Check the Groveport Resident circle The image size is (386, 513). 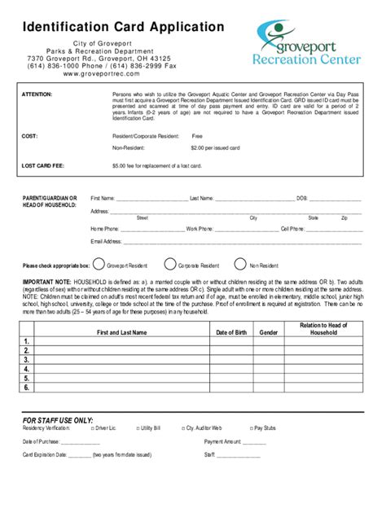[99, 264]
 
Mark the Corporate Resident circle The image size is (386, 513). [170, 264]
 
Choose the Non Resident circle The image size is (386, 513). [240, 264]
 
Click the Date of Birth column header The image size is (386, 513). [232, 332]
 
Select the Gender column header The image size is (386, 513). [269, 332]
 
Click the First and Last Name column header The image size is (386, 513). [122, 332]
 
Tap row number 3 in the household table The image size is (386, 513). [27, 359]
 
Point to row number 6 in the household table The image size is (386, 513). [27, 388]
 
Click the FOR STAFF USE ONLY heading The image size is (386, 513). [58, 419]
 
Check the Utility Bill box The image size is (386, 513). [138, 427]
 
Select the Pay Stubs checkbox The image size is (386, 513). [251, 427]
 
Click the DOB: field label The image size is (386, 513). [301, 198]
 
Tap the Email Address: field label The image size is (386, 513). [107, 241]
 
